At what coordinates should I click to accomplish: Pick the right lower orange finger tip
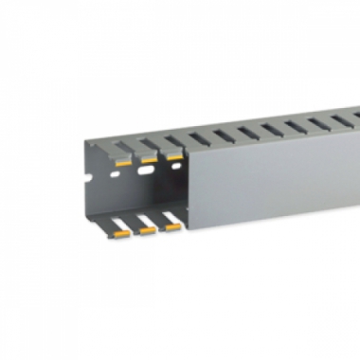[171, 227]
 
